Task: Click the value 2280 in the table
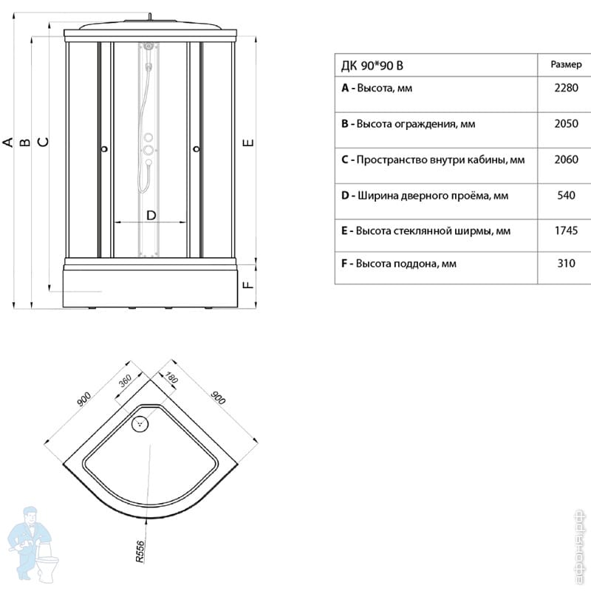565,89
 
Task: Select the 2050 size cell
565,124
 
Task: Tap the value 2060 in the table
565,160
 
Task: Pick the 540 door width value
565,196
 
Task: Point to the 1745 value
565,231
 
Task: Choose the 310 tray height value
565,264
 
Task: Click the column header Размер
565,64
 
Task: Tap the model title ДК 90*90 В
372,65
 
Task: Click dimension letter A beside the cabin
8,141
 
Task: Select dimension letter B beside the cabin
25,141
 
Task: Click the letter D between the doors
151,215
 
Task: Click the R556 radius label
141,551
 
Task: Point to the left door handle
104,149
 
